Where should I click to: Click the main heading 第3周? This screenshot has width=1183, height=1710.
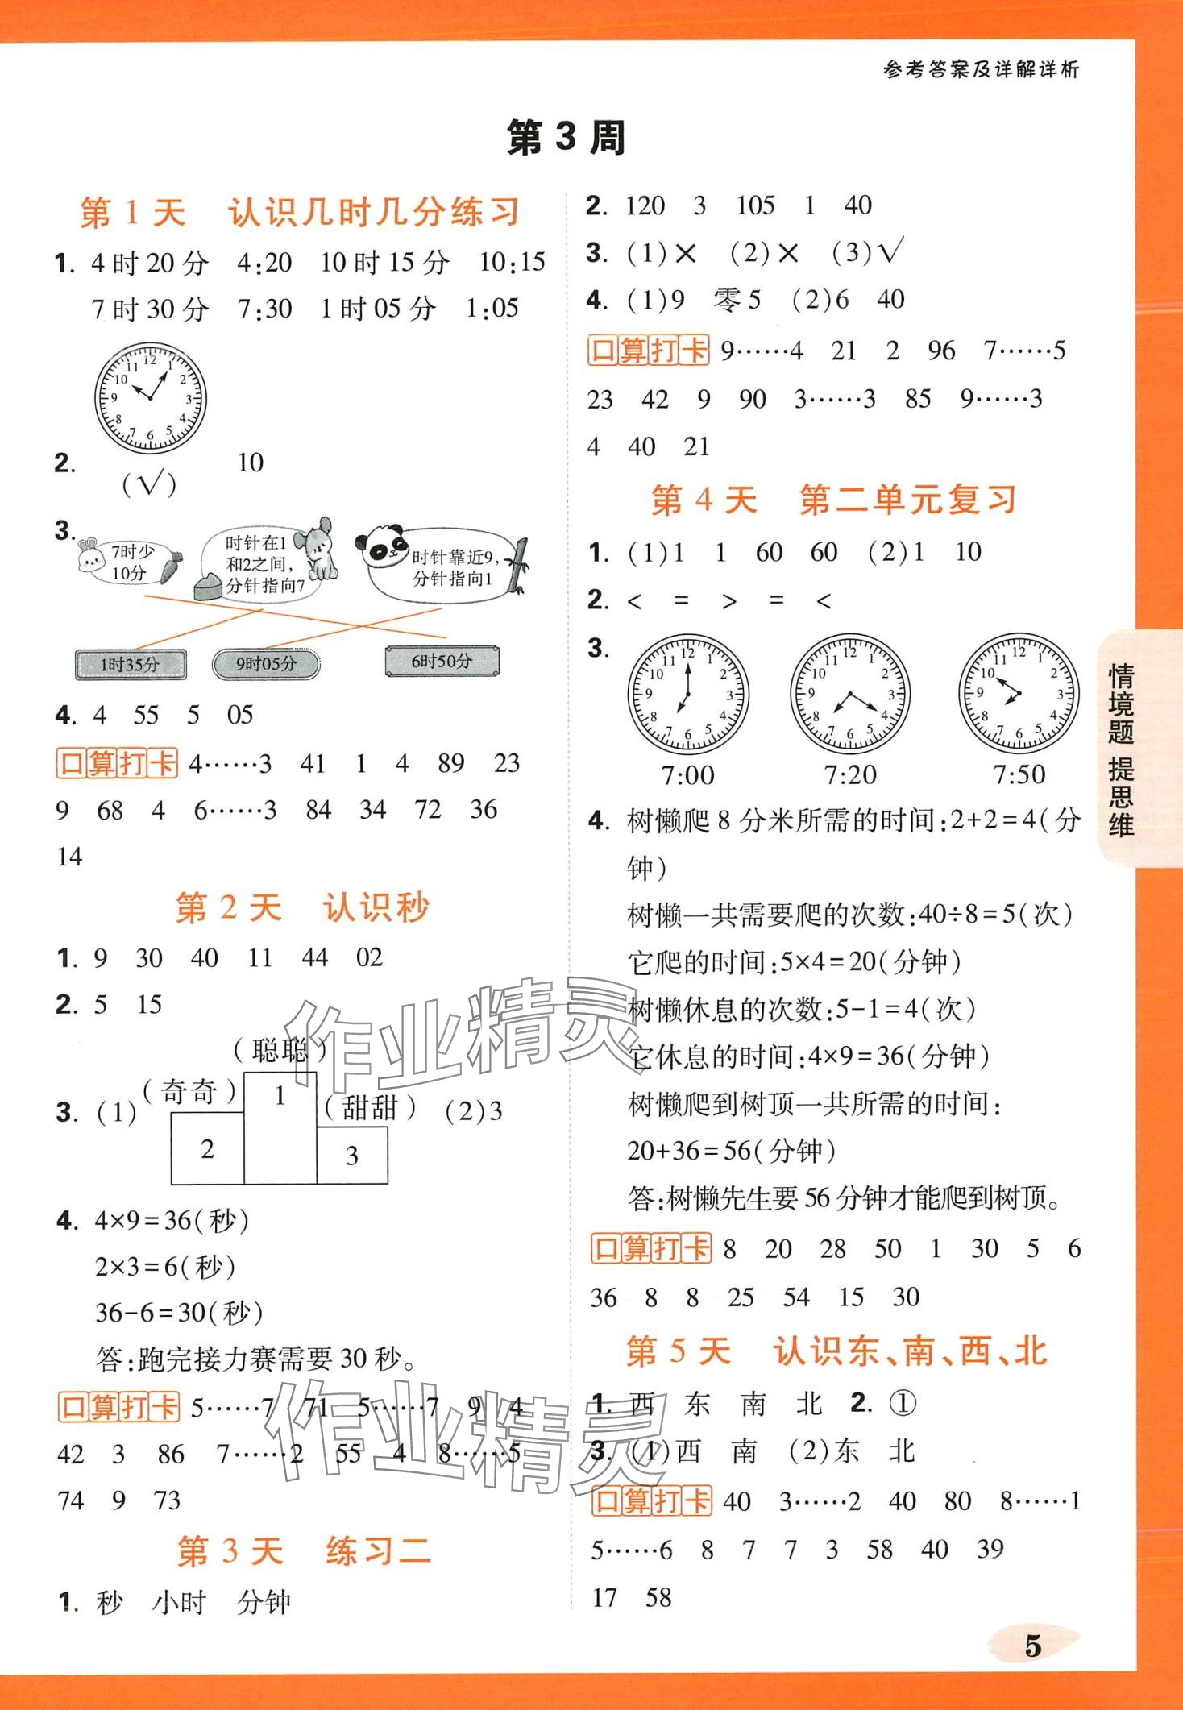coord(566,138)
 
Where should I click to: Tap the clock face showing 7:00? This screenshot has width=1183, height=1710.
coord(687,694)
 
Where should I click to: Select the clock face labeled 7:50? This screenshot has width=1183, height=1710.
coord(1019,694)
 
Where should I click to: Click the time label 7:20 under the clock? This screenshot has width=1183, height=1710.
coord(850,775)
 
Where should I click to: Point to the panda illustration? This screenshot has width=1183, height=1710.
coord(386,547)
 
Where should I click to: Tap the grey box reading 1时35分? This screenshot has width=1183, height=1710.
coord(131,665)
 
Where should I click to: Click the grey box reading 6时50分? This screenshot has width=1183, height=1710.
coord(442,662)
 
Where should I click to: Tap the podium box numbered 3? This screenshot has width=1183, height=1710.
coord(352,1155)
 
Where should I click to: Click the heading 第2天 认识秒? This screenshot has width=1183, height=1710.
coord(303,907)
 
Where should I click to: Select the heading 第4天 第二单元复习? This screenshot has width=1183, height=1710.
coord(834,500)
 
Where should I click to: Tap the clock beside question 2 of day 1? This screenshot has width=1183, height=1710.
coord(150,397)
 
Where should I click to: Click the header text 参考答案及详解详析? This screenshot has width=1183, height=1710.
coord(981,70)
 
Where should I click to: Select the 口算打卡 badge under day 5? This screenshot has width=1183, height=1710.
coord(651,1500)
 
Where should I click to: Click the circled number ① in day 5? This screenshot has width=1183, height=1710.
coord(903,1404)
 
